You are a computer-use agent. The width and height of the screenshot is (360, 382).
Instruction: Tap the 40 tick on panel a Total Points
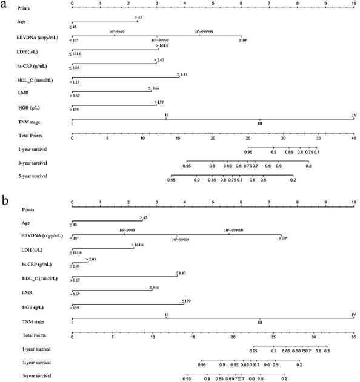[354, 139]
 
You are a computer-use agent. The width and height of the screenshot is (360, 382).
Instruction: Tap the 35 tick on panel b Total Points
[354, 336]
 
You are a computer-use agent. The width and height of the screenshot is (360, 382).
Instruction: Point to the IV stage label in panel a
[354, 114]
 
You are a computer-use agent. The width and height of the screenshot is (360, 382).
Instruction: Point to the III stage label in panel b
[260, 323]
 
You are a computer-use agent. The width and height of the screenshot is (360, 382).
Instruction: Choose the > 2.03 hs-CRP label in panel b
[91, 259]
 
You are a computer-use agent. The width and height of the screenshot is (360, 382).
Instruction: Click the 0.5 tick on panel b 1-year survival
[327, 351]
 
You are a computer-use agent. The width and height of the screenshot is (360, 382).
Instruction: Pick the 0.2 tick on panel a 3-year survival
[308, 165]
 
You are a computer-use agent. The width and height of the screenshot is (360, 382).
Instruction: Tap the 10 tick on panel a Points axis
[354, 4]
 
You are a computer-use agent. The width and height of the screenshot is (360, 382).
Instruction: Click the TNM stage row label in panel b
[28, 321]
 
